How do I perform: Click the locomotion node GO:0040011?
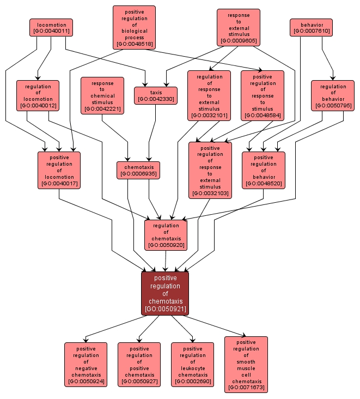pyautogui.click(x=51, y=28)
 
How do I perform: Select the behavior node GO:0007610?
pyautogui.click(x=311, y=28)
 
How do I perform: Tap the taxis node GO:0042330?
pyautogui.click(x=156, y=96)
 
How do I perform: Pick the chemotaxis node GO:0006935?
pyautogui.click(x=138, y=170)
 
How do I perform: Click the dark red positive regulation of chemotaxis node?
pyautogui.click(x=165, y=293)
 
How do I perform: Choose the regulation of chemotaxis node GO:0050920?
pyautogui.click(x=166, y=235)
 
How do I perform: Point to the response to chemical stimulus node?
pyautogui.click(x=102, y=96)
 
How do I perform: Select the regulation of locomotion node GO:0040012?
pyautogui.click(x=38, y=96)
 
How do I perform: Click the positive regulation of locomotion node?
pyautogui.click(x=59, y=170)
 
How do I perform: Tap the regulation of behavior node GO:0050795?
pyautogui.click(x=333, y=96)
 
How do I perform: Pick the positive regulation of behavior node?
pyautogui.click(x=264, y=170)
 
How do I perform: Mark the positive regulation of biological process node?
pyautogui.click(x=134, y=27)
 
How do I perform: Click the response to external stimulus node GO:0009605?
pyautogui.click(x=238, y=27)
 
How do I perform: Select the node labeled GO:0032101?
pyautogui.click(x=209, y=96)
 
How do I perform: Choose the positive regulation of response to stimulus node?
pyautogui.click(x=262, y=96)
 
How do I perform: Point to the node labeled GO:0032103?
pyautogui.click(x=210, y=170)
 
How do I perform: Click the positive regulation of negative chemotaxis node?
pyautogui.click(x=86, y=365)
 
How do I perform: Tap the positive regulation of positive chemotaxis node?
pyautogui.click(x=139, y=365)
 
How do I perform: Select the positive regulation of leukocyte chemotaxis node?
pyautogui.click(x=192, y=365)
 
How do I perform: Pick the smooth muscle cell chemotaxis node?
pyautogui.click(x=246, y=365)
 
